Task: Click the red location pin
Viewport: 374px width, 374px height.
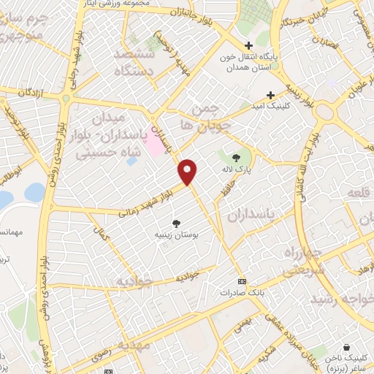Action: (188, 171)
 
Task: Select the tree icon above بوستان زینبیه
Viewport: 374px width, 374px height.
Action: (176, 224)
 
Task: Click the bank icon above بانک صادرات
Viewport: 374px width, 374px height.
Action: (243, 281)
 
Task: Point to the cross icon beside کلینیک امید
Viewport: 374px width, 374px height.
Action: (271, 95)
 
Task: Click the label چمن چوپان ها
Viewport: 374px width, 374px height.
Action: (210, 116)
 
